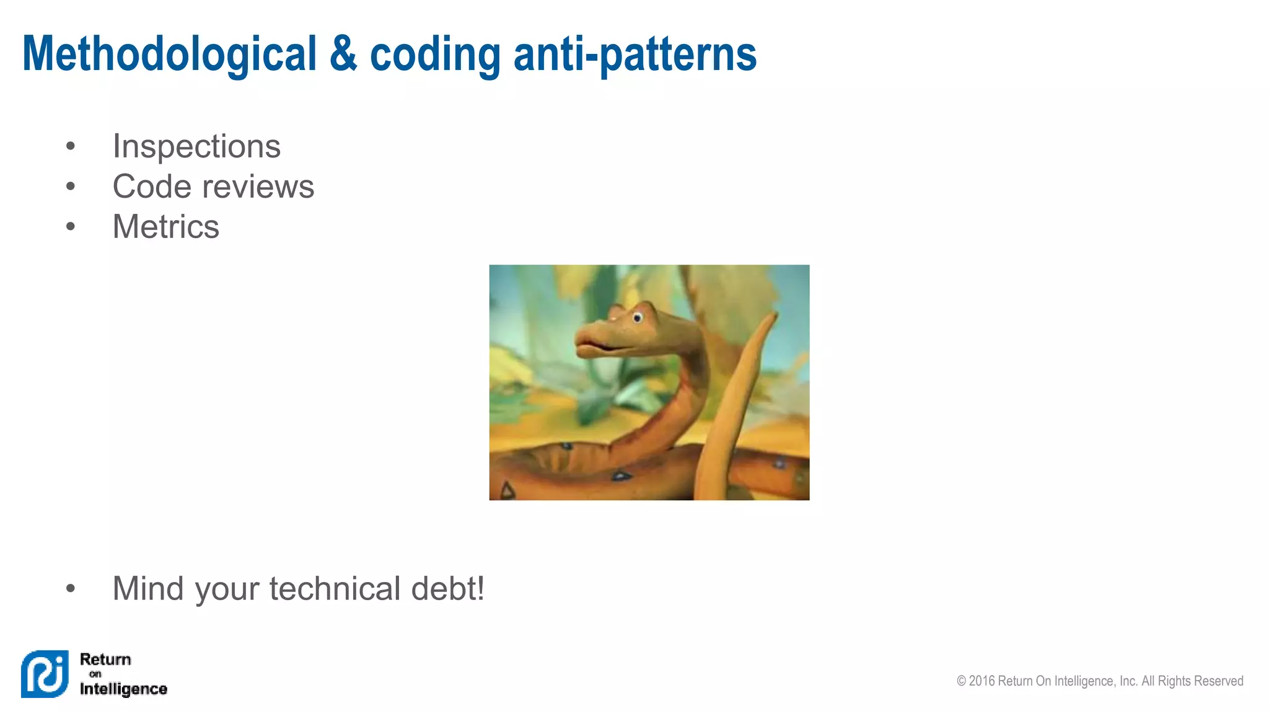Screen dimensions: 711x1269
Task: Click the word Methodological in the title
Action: click(169, 55)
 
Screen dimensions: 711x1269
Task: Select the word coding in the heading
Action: click(435, 55)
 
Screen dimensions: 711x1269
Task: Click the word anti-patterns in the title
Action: click(634, 55)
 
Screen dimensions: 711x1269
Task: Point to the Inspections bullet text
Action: click(196, 147)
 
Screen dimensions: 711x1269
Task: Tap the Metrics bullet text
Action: click(165, 227)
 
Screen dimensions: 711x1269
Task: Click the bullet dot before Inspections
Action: click(71, 147)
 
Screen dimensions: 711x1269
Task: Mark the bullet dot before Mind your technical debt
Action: click(71, 588)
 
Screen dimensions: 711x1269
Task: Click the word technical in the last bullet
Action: click(335, 588)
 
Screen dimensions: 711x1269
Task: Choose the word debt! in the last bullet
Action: click(447, 588)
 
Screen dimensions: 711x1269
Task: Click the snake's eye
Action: click(637, 318)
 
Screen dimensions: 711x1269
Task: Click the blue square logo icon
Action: click(45, 674)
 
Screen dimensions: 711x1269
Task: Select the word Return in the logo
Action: click(105, 660)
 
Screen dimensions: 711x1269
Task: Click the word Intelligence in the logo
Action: click(123, 689)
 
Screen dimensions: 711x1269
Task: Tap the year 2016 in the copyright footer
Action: click(982, 681)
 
